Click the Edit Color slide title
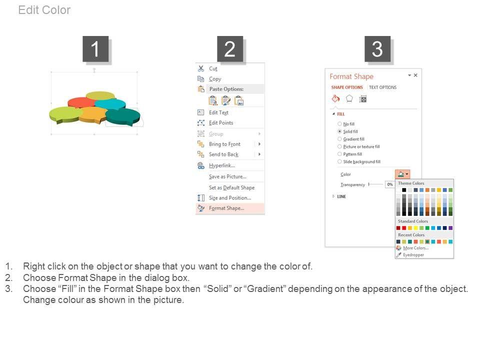(x=44, y=10)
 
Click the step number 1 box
(x=95, y=49)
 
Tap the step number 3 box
(x=377, y=49)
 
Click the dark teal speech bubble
(x=123, y=116)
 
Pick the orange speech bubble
(x=93, y=114)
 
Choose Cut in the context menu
(x=213, y=69)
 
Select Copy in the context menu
(x=215, y=79)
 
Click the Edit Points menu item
(x=221, y=123)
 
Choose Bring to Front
(x=224, y=144)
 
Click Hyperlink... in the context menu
(x=222, y=165)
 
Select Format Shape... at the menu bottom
(x=226, y=208)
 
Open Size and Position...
(x=230, y=198)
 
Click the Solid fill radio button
(x=339, y=131)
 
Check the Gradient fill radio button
(x=339, y=139)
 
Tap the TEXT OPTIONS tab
(x=382, y=87)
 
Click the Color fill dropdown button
(x=402, y=174)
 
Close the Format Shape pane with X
(x=415, y=75)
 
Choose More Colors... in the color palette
(x=415, y=248)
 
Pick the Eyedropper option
(x=413, y=254)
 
